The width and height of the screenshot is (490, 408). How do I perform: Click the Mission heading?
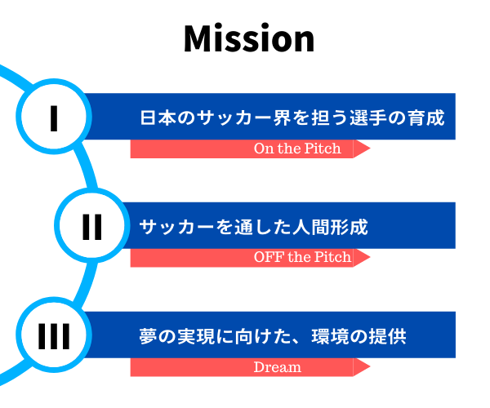[x=249, y=38]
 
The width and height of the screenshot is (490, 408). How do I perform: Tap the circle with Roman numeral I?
[x=54, y=116]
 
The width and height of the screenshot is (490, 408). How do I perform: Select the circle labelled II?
[x=91, y=225]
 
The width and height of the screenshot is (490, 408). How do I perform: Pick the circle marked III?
[x=54, y=335]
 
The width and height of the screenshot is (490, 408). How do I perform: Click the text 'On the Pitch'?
[x=297, y=149]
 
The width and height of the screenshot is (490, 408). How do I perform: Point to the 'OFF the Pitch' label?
[x=302, y=257]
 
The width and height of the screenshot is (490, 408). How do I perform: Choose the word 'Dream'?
[x=278, y=367]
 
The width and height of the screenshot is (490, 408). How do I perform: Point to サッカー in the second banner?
[x=176, y=227]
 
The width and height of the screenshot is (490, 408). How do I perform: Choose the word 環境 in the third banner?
[x=330, y=336]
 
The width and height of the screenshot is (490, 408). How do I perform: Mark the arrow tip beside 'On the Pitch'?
[x=370, y=149]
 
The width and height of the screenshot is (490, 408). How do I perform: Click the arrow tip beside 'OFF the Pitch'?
[x=370, y=257]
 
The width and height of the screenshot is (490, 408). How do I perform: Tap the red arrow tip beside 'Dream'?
[x=370, y=367]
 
